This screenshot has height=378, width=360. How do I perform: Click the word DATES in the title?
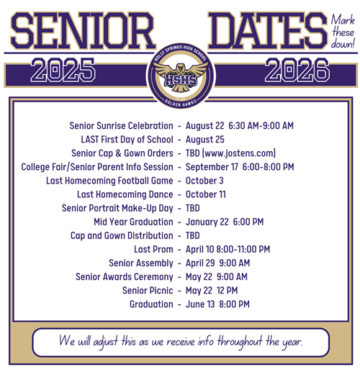coord(261,30)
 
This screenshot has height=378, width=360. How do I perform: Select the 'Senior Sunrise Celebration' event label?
coord(121,125)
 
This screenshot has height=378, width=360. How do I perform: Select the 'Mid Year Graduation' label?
coord(133,222)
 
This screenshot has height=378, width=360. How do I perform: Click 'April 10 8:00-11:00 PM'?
coord(228,249)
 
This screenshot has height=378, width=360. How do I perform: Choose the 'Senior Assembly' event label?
coord(141,263)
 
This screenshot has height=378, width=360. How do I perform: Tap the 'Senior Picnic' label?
coord(148,290)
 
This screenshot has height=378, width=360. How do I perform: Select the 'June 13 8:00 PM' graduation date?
coord(217,305)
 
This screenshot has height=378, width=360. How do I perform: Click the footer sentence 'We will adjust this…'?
coord(181,341)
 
